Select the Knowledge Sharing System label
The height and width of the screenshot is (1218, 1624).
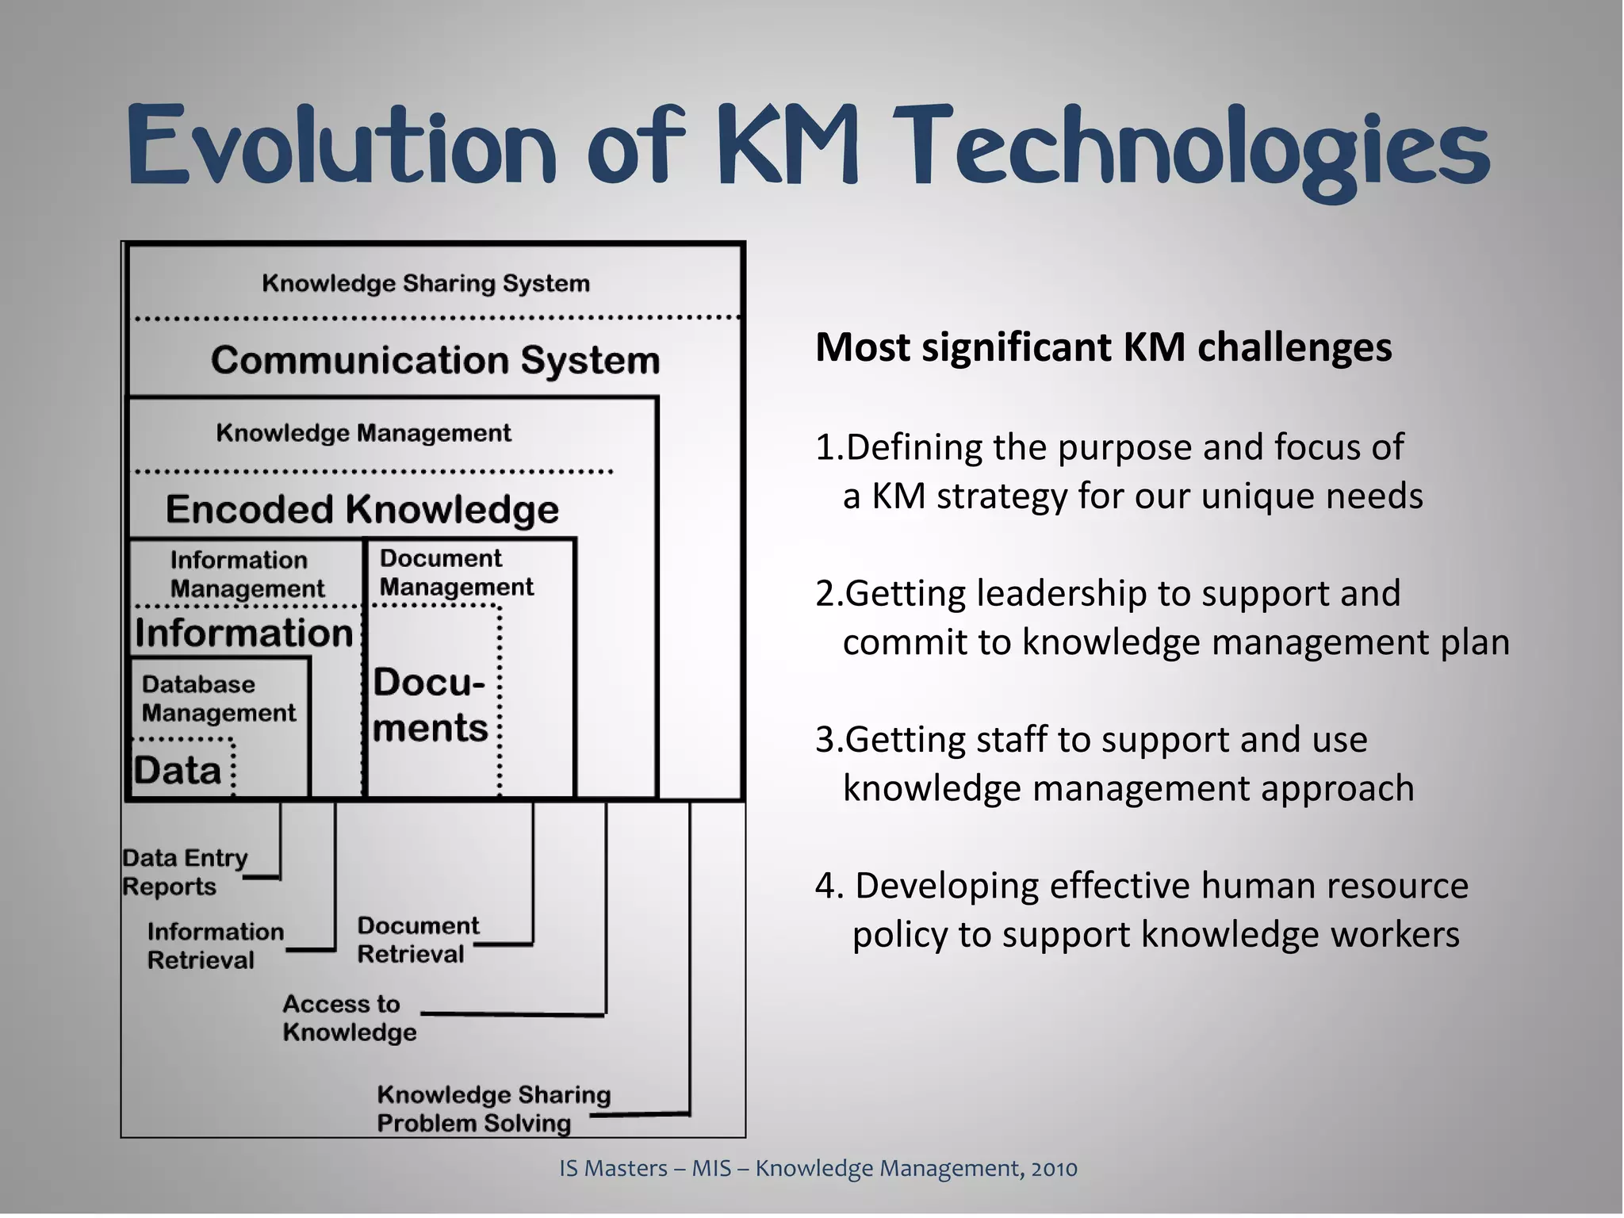pyautogui.click(x=426, y=283)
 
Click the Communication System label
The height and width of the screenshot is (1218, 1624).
pyautogui.click(x=435, y=360)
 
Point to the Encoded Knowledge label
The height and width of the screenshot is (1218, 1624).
pyautogui.click(x=362, y=509)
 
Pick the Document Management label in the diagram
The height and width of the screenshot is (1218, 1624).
pyautogui.click(x=456, y=573)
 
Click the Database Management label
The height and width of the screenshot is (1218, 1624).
pyautogui.click(x=218, y=699)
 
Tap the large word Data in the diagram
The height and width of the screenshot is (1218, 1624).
pyautogui.click(x=178, y=770)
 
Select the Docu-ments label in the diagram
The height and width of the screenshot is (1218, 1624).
pyautogui.click(x=430, y=705)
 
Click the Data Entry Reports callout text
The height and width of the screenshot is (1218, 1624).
pyautogui.click(x=184, y=871)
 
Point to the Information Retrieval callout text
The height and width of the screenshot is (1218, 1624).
pyautogui.click(x=215, y=945)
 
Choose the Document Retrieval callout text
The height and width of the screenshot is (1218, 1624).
pyautogui.click(x=418, y=940)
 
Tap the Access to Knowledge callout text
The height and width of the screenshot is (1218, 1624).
pyautogui.click(x=349, y=1018)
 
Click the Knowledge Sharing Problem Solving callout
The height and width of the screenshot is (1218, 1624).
pyautogui.click(x=493, y=1109)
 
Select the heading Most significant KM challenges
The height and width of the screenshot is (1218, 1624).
pyautogui.click(x=1103, y=347)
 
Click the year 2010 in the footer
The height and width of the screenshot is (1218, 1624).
pyautogui.click(x=1054, y=1168)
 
